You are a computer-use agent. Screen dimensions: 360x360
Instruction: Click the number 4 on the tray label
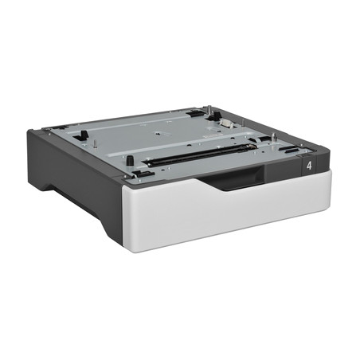[308, 166]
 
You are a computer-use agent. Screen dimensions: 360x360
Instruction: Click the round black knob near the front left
[129, 160]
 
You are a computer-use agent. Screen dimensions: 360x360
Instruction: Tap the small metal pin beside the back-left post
[95, 144]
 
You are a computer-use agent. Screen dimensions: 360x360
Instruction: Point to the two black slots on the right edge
[290, 149]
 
